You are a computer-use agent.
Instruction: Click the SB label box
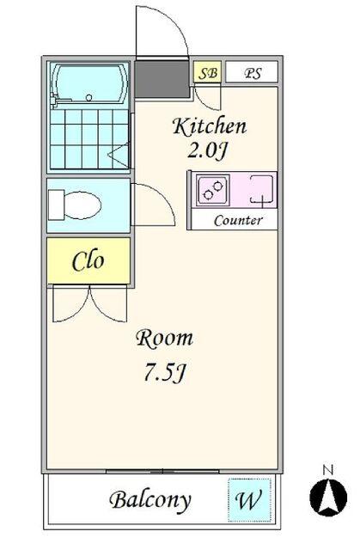208,72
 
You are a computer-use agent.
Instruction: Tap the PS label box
252,72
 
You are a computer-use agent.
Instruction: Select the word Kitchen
210,127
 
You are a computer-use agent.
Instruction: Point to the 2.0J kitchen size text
208,151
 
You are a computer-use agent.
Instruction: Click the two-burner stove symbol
213,190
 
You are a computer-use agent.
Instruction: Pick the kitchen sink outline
261,189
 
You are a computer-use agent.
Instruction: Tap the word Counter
238,221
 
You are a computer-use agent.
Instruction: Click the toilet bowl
83,205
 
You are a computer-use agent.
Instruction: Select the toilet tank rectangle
56,205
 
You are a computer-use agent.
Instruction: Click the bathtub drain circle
89,97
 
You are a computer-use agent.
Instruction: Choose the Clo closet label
88,261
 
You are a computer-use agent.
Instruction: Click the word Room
164,339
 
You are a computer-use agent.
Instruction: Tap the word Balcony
150,501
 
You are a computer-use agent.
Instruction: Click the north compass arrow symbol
328,498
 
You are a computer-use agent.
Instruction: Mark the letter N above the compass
328,470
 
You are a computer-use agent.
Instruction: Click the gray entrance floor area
162,79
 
